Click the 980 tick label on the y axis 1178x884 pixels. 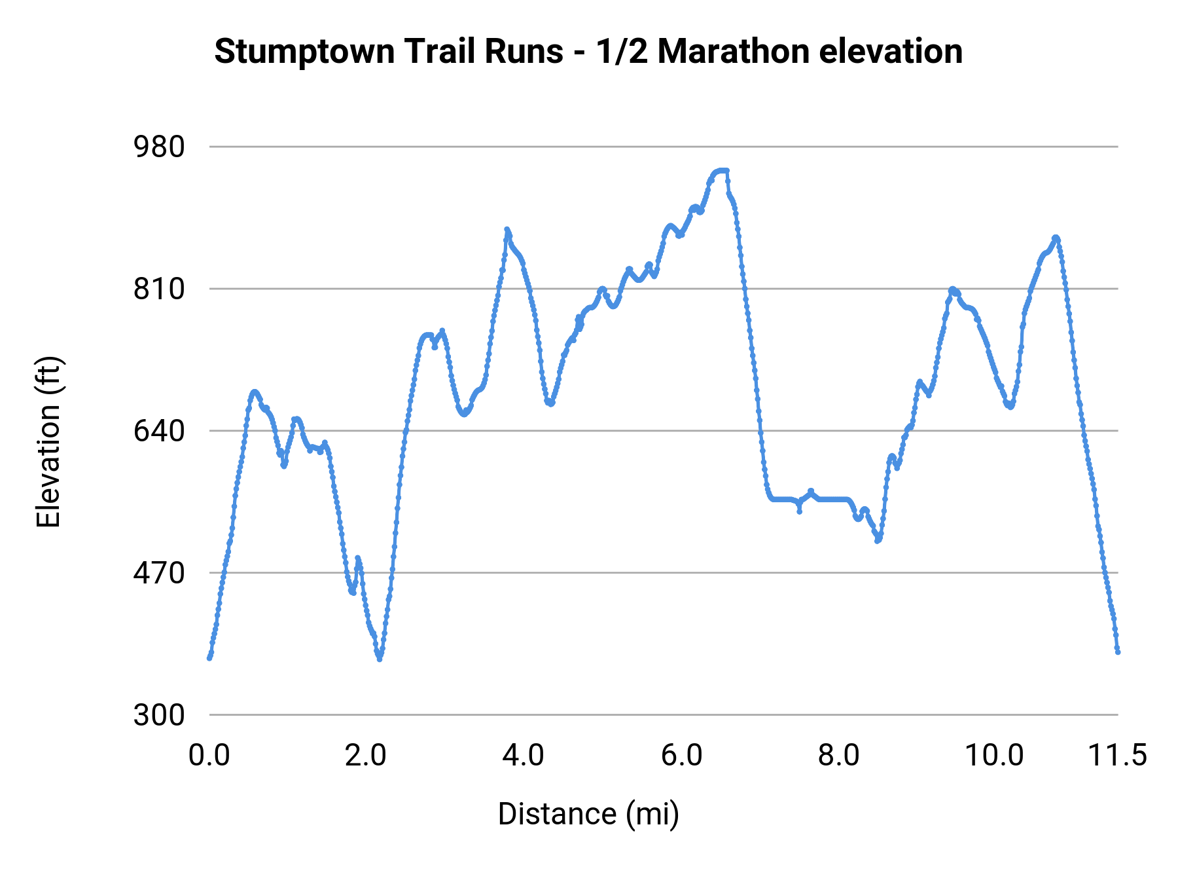click(x=159, y=147)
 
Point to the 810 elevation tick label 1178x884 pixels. click(x=159, y=289)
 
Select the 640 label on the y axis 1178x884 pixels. click(x=159, y=431)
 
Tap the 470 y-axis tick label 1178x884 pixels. click(x=159, y=573)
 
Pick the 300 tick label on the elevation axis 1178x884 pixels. click(x=159, y=715)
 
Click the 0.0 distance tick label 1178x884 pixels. click(x=209, y=756)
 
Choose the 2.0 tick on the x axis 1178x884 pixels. click(x=366, y=756)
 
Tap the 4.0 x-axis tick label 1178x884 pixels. click(x=524, y=756)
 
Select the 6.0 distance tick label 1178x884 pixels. click(x=681, y=756)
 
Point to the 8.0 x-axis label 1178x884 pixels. click(x=839, y=756)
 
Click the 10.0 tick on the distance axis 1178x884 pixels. click(x=995, y=756)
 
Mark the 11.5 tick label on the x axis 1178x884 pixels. click(x=1117, y=756)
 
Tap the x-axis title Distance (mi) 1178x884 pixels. click(x=588, y=815)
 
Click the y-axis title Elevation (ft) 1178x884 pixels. click(x=48, y=442)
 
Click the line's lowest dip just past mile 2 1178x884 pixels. click(x=380, y=657)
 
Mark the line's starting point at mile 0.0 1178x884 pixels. click(x=209, y=657)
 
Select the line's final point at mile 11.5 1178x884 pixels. click(x=1118, y=652)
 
